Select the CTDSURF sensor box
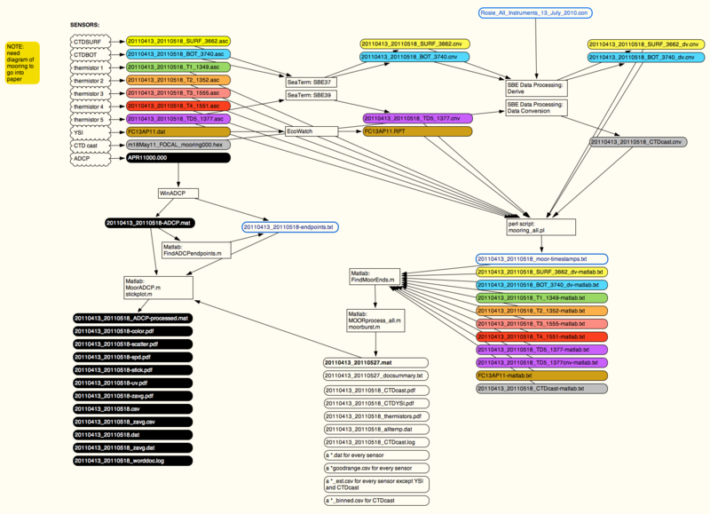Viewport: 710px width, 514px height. click(93, 41)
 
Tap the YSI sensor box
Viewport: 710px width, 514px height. click(93, 131)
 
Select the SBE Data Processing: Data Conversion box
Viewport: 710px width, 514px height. click(534, 107)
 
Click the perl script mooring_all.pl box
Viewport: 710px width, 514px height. click(541, 225)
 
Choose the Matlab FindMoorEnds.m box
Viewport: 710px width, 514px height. click(377, 277)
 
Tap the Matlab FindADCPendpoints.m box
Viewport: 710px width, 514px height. click(191, 249)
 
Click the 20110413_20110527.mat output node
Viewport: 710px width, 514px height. click(375, 363)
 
